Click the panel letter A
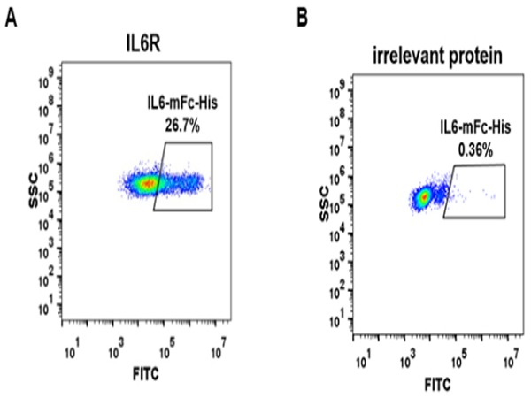tap(12, 18)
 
